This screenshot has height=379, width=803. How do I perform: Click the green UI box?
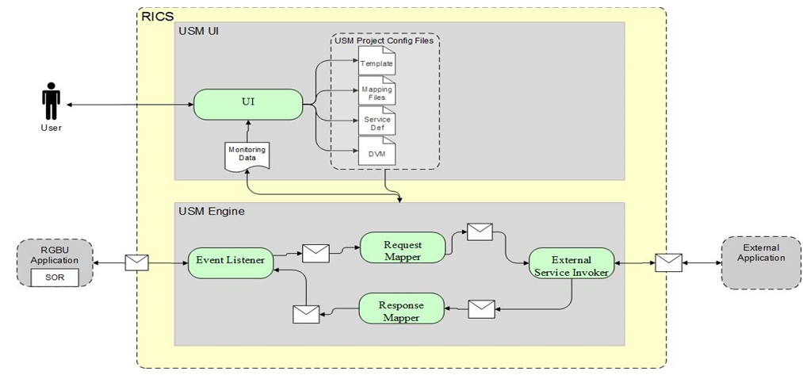pyautogui.click(x=249, y=102)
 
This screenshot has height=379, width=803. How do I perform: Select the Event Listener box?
pyautogui.click(x=231, y=262)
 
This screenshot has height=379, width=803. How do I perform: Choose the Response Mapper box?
pyautogui.click(x=401, y=310)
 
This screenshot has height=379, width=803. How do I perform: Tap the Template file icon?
pyautogui.click(x=376, y=62)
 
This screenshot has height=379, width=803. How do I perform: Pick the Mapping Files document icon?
pyautogui.click(x=376, y=91)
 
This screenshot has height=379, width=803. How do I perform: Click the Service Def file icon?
pyautogui.click(x=376, y=122)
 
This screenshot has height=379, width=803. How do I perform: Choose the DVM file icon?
pyautogui.click(x=376, y=152)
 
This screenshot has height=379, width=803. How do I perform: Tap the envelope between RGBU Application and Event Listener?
pyautogui.click(x=138, y=262)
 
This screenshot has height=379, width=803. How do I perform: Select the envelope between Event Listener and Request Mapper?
pyautogui.click(x=315, y=253)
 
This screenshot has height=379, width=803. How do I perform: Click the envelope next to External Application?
pyautogui.click(x=668, y=262)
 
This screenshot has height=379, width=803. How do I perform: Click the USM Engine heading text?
pyautogui.click(x=211, y=212)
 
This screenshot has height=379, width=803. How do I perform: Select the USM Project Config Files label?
pyautogui.click(x=384, y=41)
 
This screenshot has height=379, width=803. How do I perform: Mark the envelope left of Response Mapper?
pyautogui.click(x=306, y=313)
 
